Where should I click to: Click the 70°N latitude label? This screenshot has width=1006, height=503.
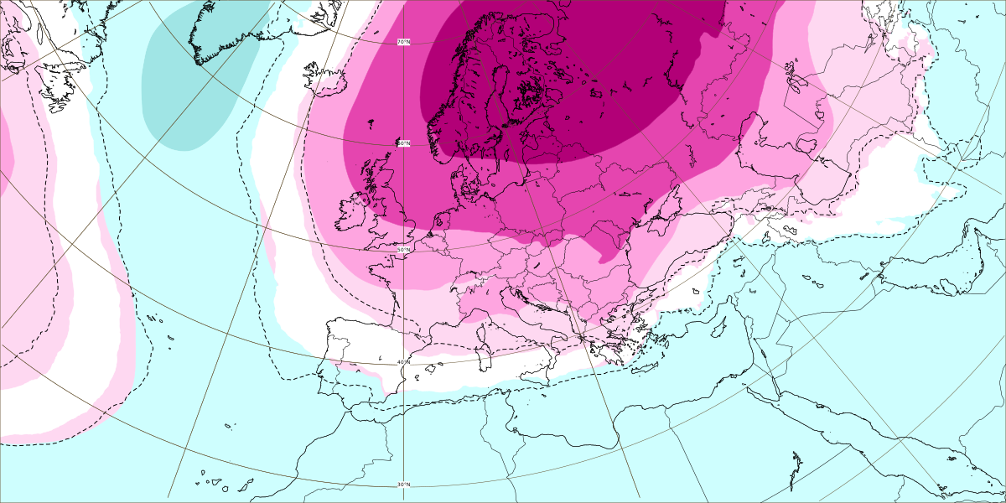(x=403, y=41)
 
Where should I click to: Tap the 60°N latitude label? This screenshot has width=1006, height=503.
(x=403, y=143)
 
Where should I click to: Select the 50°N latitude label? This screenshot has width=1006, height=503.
(x=403, y=250)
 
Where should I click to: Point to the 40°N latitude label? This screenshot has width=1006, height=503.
(x=403, y=362)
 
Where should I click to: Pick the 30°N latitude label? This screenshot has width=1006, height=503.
(x=403, y=485)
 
